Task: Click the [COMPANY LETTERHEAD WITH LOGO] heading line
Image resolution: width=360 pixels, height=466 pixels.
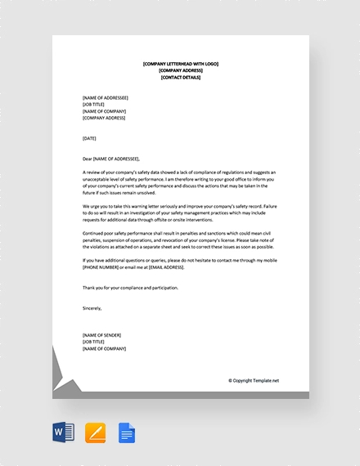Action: (180, 64)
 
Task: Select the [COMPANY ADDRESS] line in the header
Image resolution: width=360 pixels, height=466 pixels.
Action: (180, 70)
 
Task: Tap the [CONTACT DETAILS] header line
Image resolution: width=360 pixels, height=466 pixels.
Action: (180, 77)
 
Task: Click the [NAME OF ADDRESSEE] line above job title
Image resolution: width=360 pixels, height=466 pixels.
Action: (106, 98)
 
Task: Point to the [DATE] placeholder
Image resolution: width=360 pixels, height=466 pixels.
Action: (89, 138)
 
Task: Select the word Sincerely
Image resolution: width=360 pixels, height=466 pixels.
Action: (92, 308)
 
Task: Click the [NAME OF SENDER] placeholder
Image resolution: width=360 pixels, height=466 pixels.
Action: (101, 335)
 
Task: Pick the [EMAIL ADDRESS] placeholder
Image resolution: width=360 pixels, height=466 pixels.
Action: (164, 267)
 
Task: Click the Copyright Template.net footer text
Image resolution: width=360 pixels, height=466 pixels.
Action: (254, 380)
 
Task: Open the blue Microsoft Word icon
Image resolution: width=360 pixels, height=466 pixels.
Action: (63, 432)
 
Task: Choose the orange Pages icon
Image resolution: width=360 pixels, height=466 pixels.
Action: (95, 432)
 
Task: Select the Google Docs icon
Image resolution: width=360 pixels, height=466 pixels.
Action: (127, 432)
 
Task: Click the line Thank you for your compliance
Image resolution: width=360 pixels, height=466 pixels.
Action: (130, 288)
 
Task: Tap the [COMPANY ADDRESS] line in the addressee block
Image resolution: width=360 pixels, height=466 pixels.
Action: (104, 118)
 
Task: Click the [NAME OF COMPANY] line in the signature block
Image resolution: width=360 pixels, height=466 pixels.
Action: (104, 348)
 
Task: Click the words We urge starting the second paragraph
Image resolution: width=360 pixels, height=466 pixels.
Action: (90, 206)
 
